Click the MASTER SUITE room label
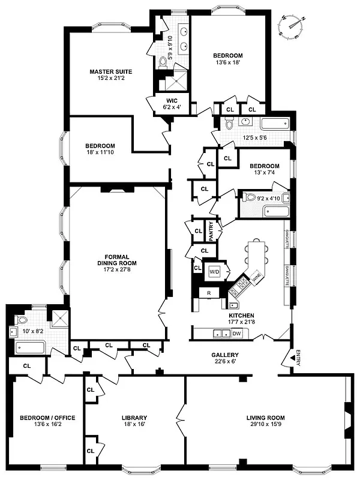pyautogui.click(x=111, y=72)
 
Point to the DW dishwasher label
pyautogui.click(x=236, y=333)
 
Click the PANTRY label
pyautogui.click(x=211, y=230)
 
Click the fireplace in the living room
pyautogui.click(x=347, y=418)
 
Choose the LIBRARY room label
pyautogui.click(x=134, y=418)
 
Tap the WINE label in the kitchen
pyautogui.click(x=256, y=278)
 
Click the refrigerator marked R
pyautogui.click(x=208, y=292)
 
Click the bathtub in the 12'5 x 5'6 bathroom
pyautogui.click(x=275, y=124)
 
